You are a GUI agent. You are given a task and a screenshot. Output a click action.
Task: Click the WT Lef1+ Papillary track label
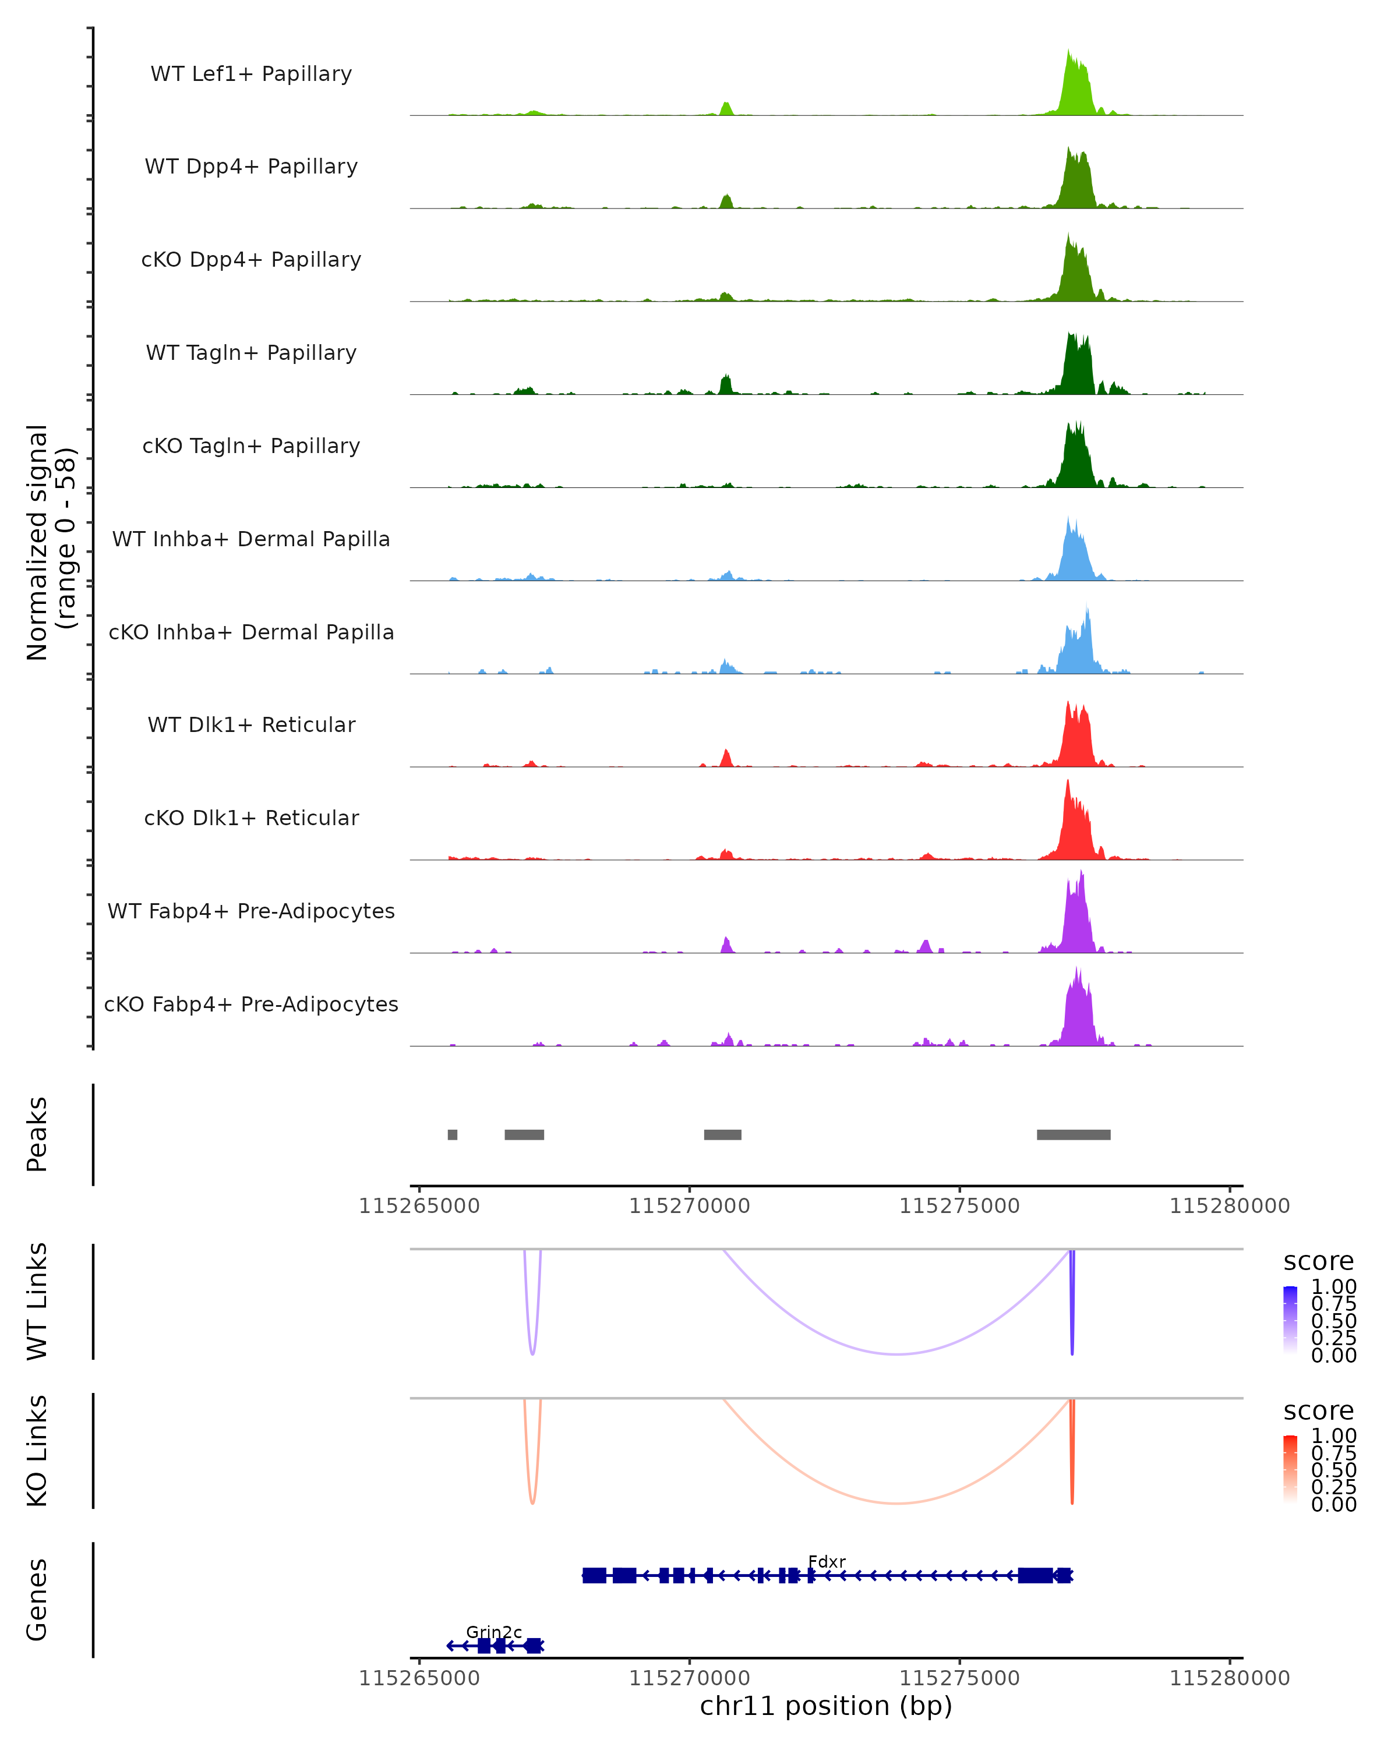coord(251,75)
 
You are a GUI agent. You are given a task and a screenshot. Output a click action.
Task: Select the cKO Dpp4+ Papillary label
coord(251,260)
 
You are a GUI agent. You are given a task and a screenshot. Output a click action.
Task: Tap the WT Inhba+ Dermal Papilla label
coord(251,540)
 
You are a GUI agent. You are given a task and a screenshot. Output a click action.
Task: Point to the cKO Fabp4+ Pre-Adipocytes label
coord(251,1005)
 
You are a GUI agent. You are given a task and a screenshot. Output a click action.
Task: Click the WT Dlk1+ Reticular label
coord(251,725)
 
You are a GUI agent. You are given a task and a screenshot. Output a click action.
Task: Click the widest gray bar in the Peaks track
coord(1073,1134)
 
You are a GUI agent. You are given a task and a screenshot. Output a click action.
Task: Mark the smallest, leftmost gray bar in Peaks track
coord(452,1134)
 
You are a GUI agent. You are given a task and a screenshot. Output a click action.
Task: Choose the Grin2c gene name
coord(493,1632)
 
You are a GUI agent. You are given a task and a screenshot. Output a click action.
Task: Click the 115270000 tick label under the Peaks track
coord(690,1207)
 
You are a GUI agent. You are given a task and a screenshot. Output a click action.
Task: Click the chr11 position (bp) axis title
coord(826,1706)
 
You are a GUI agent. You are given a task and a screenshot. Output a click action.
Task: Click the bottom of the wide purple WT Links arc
coord(897,1354)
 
